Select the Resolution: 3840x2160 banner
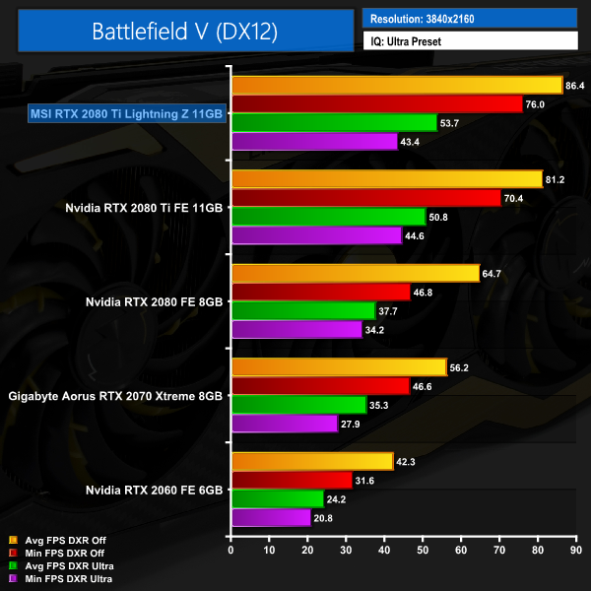[469, 19]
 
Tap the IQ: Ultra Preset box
[469, 41]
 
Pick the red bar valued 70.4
[365, 198]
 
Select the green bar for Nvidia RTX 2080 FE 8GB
[302, 310]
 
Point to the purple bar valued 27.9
[284, 423]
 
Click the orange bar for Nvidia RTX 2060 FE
[311, 461]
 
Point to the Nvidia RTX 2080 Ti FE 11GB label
[145, 208]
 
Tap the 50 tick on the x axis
[424, 549]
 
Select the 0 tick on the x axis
[230, 549]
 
